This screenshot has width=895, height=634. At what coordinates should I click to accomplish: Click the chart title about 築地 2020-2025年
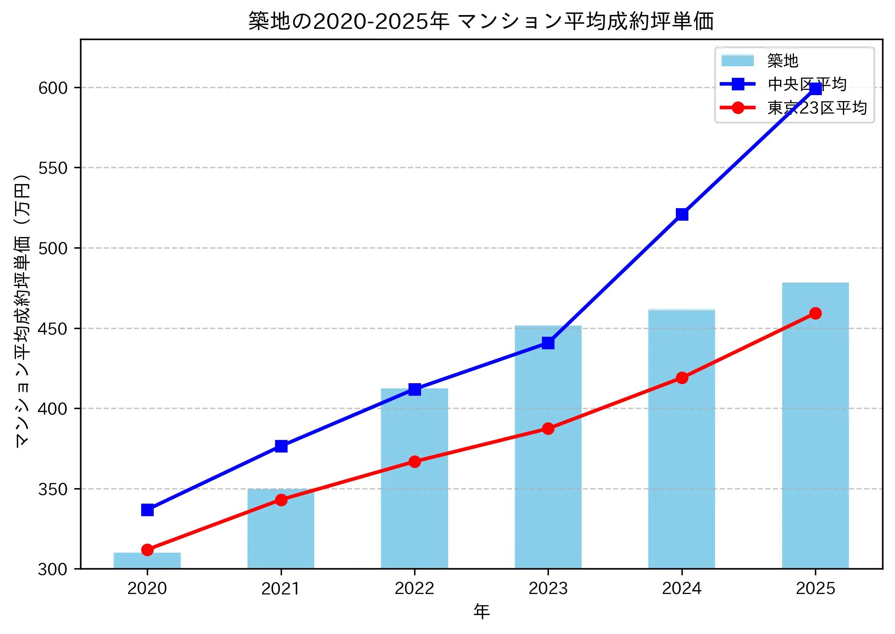(481, 21)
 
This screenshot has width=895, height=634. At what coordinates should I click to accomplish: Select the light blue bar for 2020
(147, 560)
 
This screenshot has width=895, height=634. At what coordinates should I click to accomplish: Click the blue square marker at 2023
(548, 343)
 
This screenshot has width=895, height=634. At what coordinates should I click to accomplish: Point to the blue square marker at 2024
(682, 214)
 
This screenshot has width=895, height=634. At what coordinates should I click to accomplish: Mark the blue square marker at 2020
(147, 510)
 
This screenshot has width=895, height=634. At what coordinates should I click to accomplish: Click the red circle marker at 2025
(815, 313)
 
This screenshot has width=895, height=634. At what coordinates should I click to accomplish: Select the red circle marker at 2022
(415, 462)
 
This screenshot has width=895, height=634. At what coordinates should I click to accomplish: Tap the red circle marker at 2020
(147, 550)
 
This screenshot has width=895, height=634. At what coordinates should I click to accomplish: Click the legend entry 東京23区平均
(817, 108)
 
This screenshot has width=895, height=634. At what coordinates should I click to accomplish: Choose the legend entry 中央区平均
(807, 84)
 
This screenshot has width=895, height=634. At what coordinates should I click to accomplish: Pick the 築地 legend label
(783, 61)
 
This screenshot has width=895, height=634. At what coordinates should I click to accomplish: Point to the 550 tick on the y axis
(53, 168)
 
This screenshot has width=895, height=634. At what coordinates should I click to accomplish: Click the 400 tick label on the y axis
(53, 409)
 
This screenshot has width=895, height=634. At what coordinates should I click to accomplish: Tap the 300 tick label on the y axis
(53, 569)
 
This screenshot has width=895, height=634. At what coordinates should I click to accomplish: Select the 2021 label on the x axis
(281, 588)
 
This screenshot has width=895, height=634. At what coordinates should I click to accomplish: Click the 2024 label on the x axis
(682, 588)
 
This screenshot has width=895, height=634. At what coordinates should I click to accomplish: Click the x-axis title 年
(481, 611)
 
